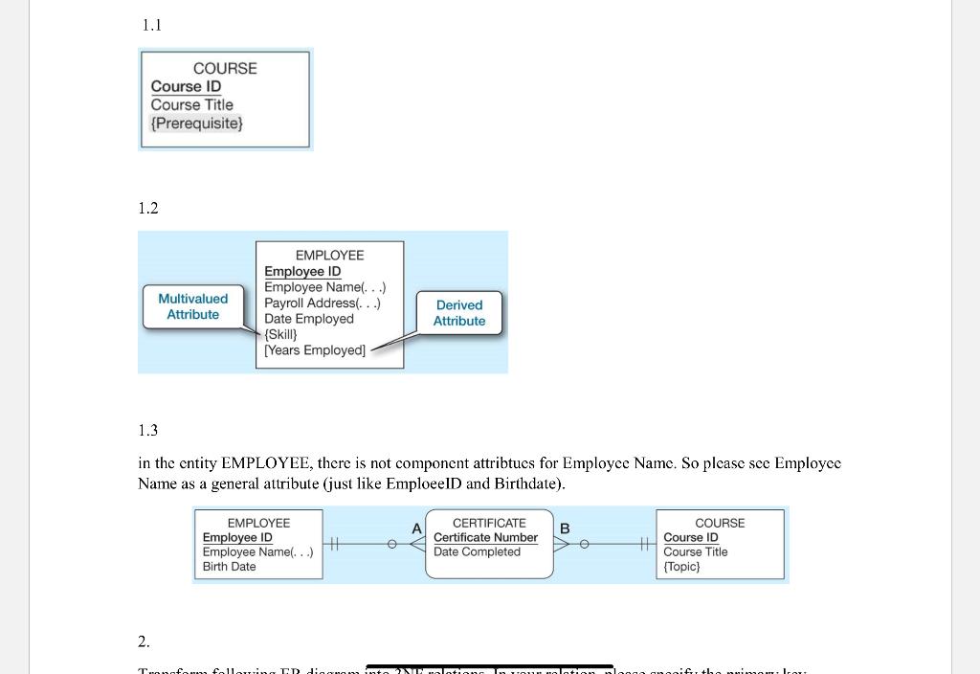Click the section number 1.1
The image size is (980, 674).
click(x=151, y=26)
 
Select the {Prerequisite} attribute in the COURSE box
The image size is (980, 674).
click(x=196, y=124)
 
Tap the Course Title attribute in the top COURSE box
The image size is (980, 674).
click(x=191, y=104)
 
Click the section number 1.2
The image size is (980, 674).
click(x=147, y=208)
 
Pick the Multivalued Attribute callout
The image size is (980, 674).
click(x=192, y=306)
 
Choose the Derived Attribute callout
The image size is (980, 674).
click(x=459, y=313)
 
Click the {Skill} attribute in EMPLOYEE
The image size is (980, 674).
click(x=280, y=334)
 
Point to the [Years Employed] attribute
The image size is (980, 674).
click(x=315, y=350)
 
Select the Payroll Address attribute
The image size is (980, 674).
click(x=323, y=303)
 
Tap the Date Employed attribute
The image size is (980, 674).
click(x=308, y=319)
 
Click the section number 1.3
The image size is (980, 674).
click(x=147, y=430)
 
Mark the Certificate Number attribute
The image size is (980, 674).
click(x=485, y=537)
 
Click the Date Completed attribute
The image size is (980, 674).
click(x=477, y=551)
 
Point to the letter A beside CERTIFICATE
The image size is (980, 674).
click(x=416, y=528)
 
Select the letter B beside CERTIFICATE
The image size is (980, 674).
click(x=565, y=528)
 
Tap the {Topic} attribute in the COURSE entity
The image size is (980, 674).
click(x=681, y=567)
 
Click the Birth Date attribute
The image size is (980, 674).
click(x=229, y=567)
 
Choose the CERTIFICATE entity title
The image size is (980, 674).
click(x=489, y=523)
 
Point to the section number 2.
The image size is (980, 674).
click(x=144, y=640)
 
